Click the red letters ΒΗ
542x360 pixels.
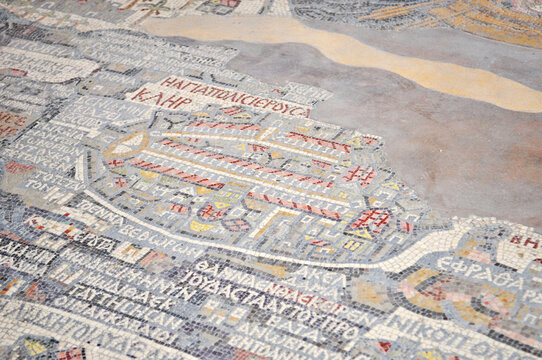coord(523,242)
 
